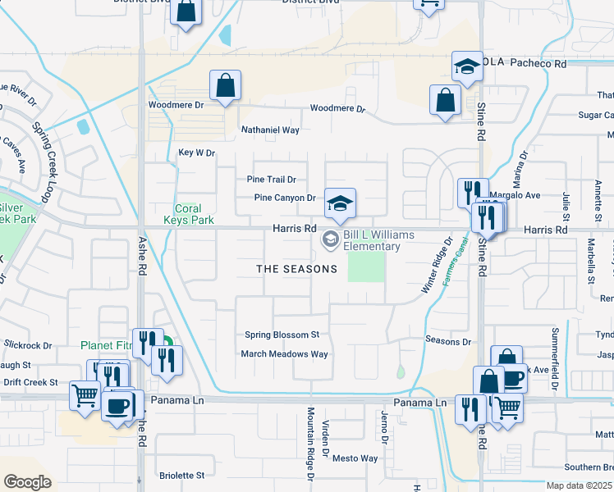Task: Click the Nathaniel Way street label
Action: tap(269, 130)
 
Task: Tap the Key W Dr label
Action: tap(196, 153)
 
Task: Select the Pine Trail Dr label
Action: tap(271, 179)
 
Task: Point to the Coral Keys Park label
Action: tap(188, 214)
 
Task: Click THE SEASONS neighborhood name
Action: tap(296, 269)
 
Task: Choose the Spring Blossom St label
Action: tap(282, 335)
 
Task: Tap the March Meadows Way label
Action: tap(284, 354)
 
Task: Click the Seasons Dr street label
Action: tap(449, 341)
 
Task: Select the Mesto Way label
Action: tap(355, 458)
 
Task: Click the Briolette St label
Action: tap(181, 475)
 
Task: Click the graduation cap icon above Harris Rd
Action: tap(340, 203)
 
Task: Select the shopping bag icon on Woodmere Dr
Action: tap(225, 85)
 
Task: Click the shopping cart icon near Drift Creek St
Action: tap(85, 395)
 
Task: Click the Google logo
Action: tap(27, 482)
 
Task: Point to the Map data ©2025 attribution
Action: tap(579, 485)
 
